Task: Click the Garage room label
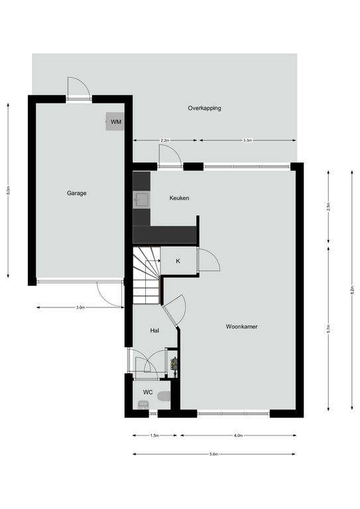tap(77, 193)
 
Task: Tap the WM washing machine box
tap(115, 121)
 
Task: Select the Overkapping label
tap(204, 108)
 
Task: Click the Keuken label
tap(179, 198)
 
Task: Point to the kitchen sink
tap(142, 199)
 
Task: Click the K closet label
tap(178, 261)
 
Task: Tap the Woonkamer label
tap(241, 327)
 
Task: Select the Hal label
tap(154, 331)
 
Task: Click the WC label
tap(148, 392)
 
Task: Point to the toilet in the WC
tap(164, 396)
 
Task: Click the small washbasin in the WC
tap(143, 404)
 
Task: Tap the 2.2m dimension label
tap(165, 141)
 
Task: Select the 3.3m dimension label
tap(247, 141)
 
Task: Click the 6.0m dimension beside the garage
tap(8, 191)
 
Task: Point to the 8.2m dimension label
tap(352, 290)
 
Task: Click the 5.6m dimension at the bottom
tap(213, 454)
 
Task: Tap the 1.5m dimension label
tap(154, 435)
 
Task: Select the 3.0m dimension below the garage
tap(80, 308)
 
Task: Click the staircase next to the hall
tap(147, 275)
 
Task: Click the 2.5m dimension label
tap(328, 206)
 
